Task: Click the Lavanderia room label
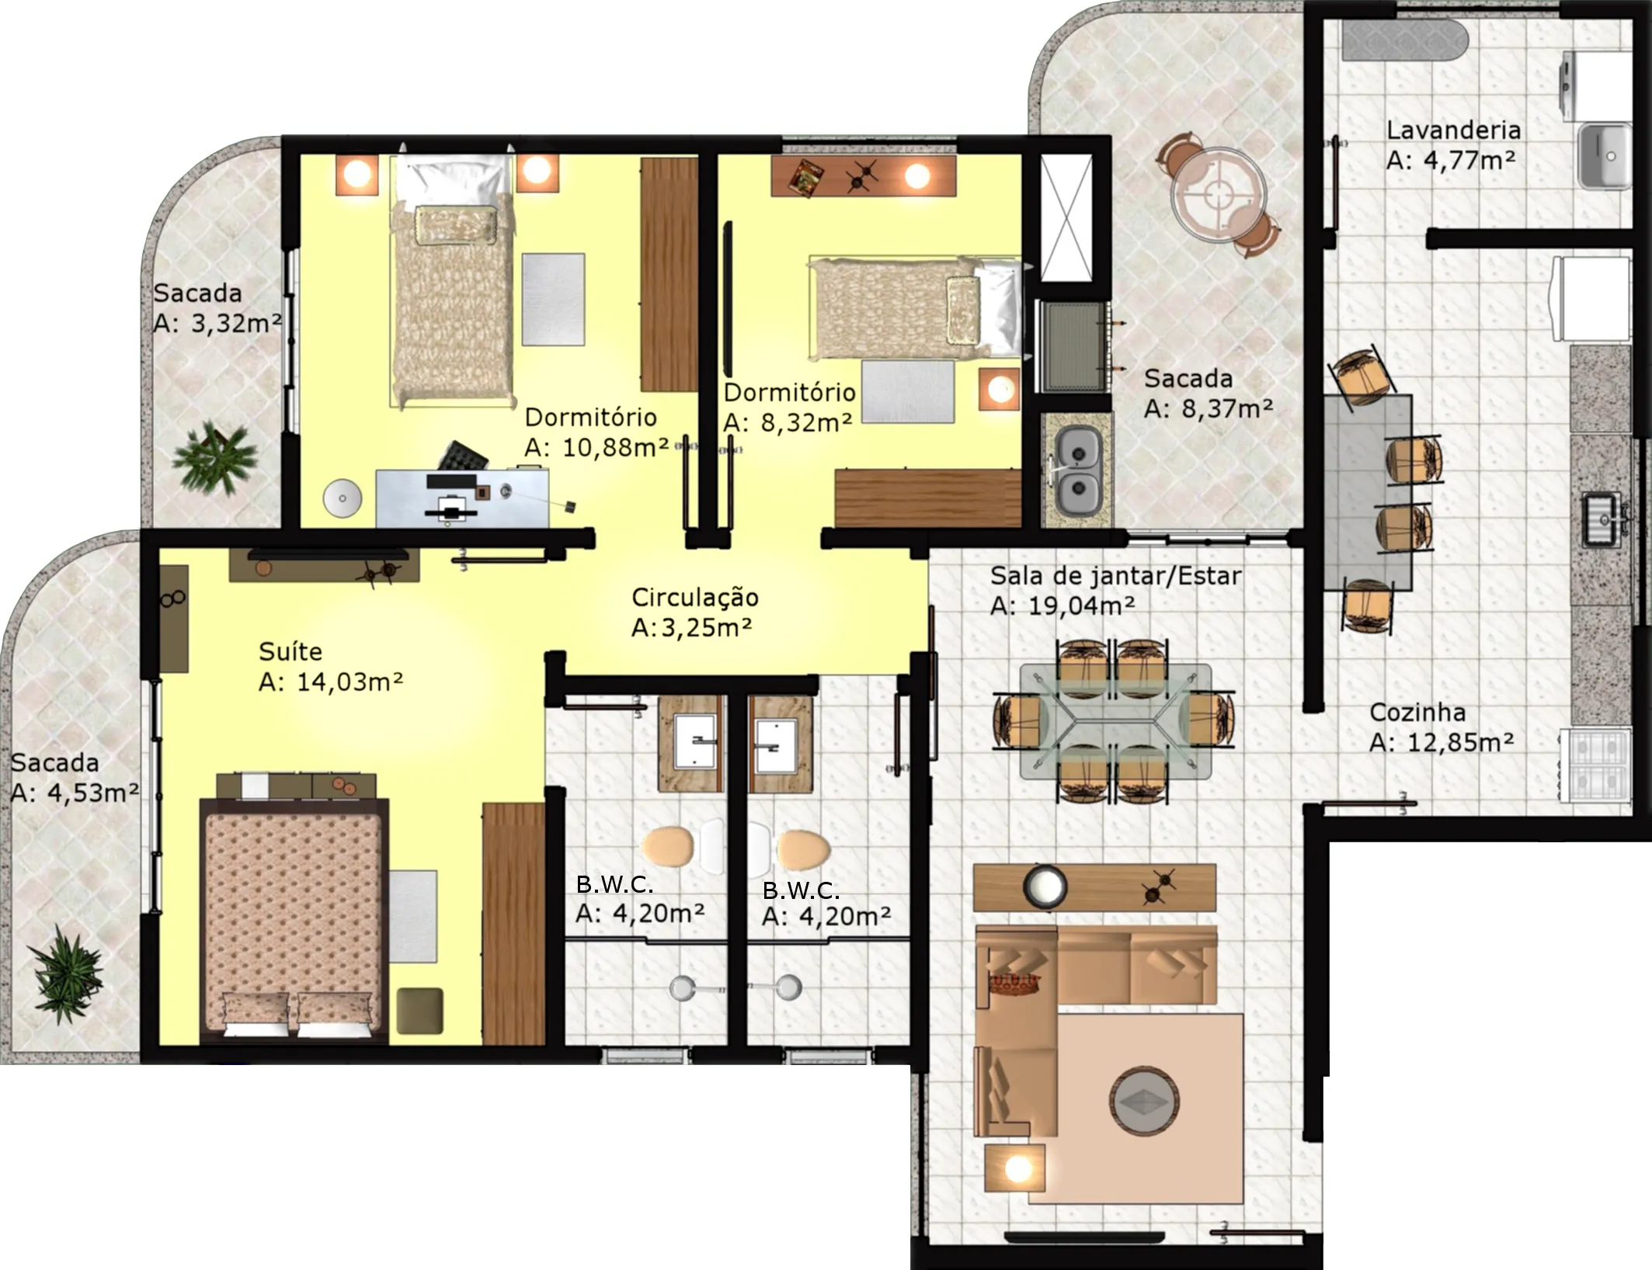click(1453, 130)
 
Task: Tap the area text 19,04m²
click(1081, 606)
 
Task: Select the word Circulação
click(694, 598)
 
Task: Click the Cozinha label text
click(1417, 712)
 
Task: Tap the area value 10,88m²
click(615, 447)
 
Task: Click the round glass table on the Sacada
click(1218, 194)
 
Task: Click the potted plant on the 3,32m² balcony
click(214, 458)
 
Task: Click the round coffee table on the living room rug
click(1144, 1102)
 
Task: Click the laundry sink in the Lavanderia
click(1605, 156)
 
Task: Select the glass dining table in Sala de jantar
click(1115, 721)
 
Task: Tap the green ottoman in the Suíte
click(419, 1010)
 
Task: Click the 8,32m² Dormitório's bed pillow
click(963, 309)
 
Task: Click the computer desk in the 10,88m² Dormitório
click(463, 498)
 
